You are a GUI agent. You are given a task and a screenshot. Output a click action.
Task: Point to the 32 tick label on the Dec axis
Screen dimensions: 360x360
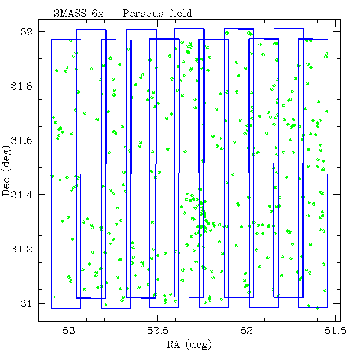click(27, 32)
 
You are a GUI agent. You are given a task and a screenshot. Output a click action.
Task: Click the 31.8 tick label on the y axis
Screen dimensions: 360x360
click(22, 86)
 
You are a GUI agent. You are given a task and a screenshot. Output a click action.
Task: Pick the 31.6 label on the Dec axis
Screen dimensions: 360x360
click(22, 140)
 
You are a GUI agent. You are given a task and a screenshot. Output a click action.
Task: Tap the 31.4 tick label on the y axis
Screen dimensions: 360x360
click(22, 195)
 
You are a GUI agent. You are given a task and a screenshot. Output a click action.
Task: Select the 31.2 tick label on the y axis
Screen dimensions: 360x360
click(22, 249)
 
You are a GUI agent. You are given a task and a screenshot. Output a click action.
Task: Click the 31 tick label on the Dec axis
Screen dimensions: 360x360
click(27, 303)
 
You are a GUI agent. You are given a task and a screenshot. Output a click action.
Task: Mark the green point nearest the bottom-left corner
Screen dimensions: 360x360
click(55, 297)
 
